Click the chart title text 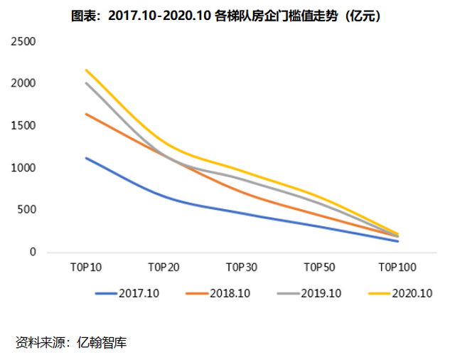[x=227, y=16]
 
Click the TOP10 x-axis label [x=85, y=268]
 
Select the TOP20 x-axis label [x=164, y=268]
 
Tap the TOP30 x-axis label [x=242, y=268]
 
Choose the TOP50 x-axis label [x=320, y=268]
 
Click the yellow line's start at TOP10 [x=85, y=70]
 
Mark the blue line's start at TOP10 [x=85, y=158]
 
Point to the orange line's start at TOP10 [x=85, y=114]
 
